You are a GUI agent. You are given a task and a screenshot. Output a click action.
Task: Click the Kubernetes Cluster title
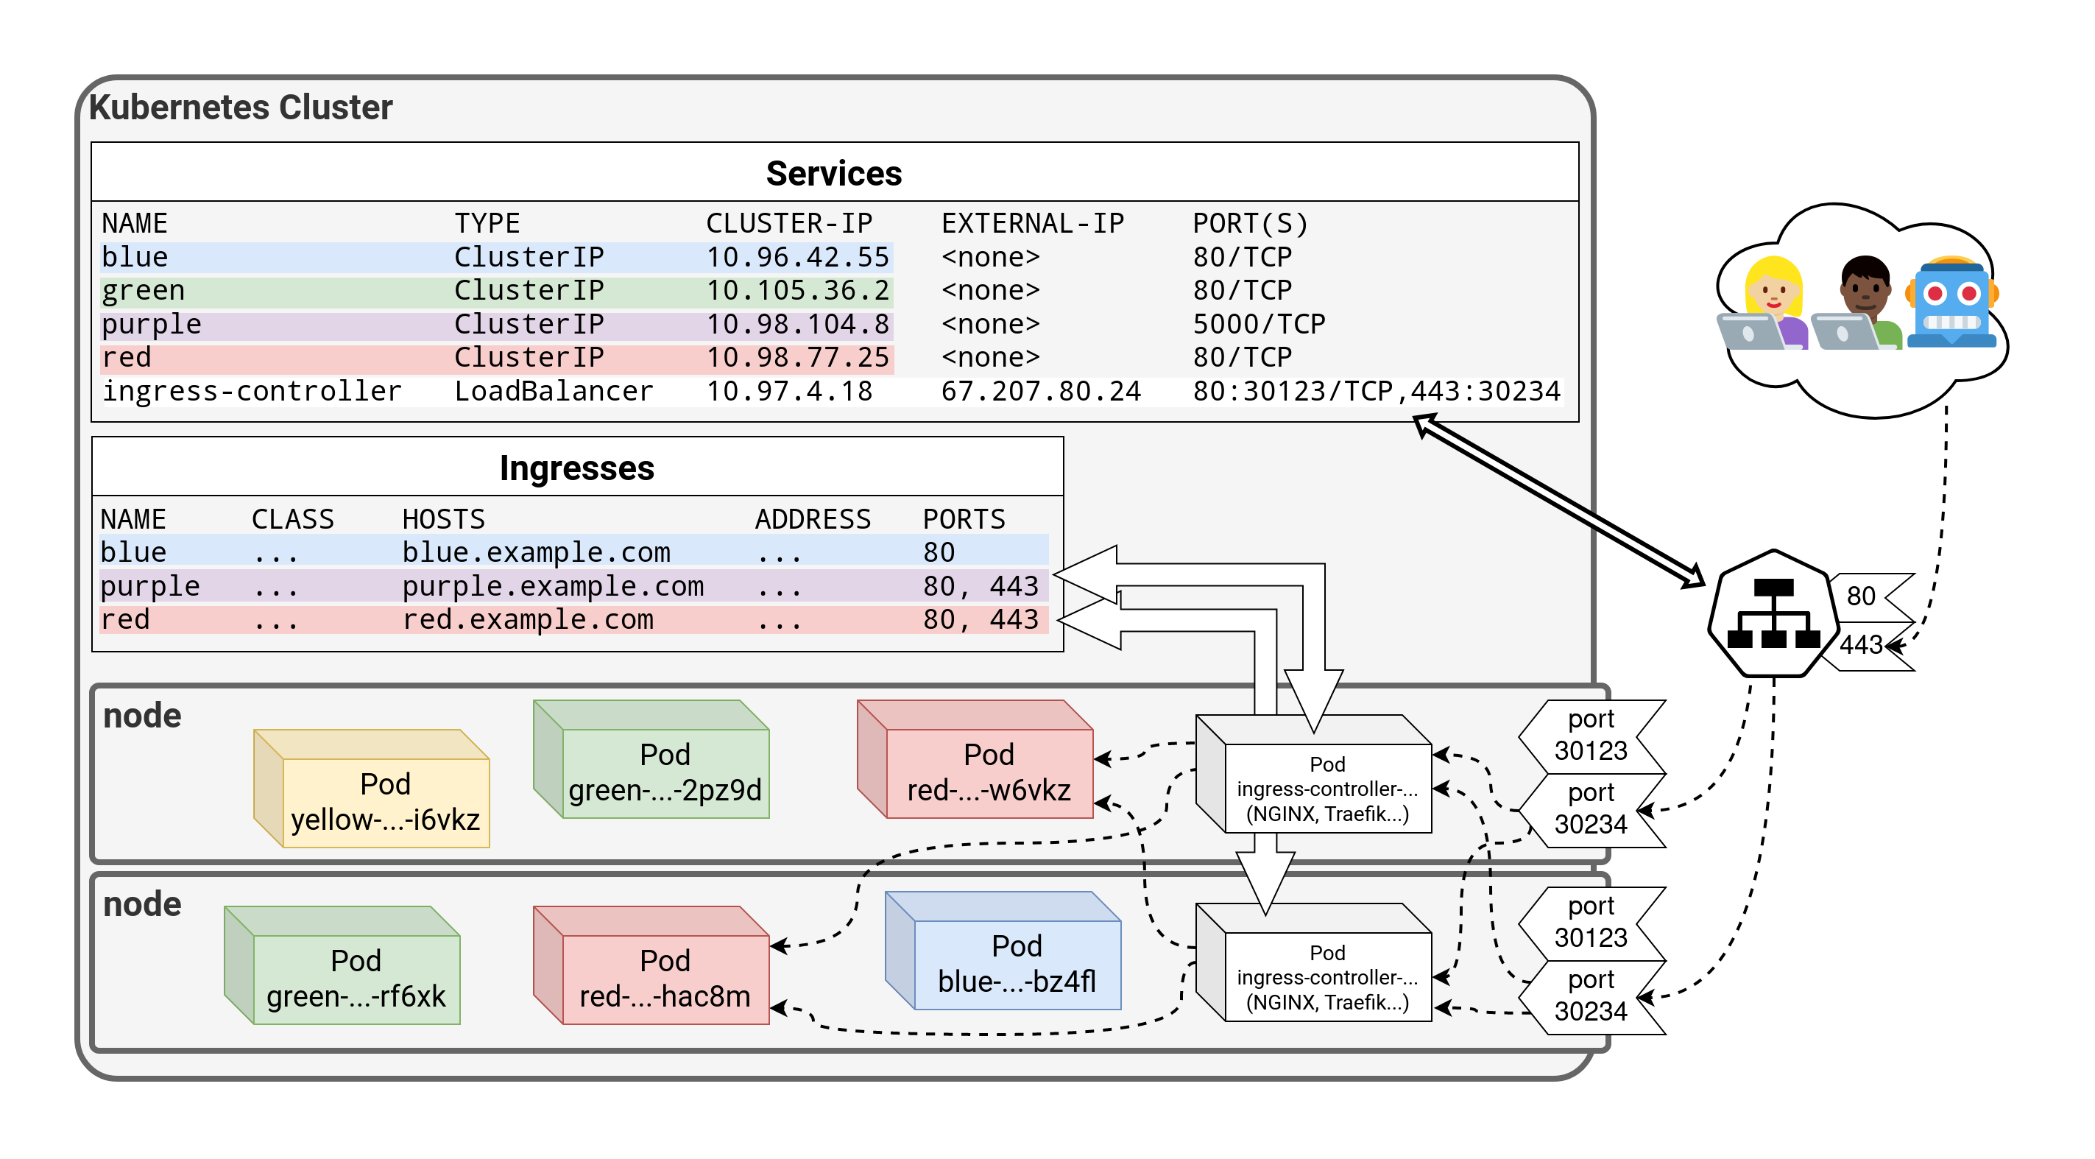pos(240,108)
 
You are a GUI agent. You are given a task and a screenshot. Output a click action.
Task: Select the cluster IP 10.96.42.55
pos(797,257)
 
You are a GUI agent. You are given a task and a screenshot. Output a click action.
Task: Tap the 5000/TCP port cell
pos(1258,324)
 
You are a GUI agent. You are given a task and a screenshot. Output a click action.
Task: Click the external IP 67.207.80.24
pos(1040,391)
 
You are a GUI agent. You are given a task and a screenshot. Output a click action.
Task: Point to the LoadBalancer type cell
pos(553,391)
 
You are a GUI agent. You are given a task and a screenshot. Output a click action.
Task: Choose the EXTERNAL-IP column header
pos(1032,223)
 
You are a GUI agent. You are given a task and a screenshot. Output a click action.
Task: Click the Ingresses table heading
pos(576,468)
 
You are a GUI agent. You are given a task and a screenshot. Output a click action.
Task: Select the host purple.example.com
pos(552,585)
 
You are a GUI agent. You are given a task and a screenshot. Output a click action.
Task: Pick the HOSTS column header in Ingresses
pos(443,519)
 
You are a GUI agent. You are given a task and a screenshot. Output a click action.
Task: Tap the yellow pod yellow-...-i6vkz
pos(385,801)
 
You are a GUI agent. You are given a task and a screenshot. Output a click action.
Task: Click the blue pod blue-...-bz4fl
pos(1016,964)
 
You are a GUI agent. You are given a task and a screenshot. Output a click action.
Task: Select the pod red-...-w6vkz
pos(988,772)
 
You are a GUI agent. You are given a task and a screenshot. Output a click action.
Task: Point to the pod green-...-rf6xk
pos(356,979)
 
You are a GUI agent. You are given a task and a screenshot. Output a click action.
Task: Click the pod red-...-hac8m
pos(665,979)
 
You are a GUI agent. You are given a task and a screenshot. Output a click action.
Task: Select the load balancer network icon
pos(1773,614)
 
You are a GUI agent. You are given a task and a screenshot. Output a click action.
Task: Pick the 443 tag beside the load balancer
pos(1862,645)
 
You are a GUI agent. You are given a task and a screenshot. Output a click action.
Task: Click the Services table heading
pos(833,173)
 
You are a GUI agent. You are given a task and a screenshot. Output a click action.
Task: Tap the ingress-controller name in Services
pos(251,391)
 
